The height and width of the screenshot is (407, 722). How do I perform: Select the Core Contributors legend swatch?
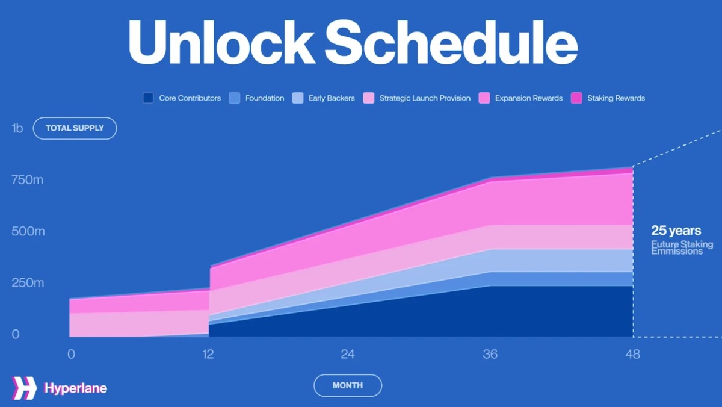coord(148,98)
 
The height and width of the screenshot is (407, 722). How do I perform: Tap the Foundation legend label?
coord(264,98)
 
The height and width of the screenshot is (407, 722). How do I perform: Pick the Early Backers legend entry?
coord(332,98)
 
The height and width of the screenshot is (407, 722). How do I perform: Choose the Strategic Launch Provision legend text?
coord(425,98)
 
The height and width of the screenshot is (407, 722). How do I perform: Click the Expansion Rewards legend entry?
coord(528,98)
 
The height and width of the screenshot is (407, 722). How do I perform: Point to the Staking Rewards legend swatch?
coord(576,98)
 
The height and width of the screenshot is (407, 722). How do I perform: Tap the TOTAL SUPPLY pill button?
coord(75,128)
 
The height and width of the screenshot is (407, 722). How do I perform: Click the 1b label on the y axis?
coord(17,128)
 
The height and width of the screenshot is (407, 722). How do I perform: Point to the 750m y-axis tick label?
coord(27,180)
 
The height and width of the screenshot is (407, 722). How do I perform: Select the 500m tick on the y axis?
coord(28,232)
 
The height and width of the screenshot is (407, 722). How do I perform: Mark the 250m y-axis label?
coord(28,283)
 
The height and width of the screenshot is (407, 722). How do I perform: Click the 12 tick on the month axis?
coord(208,354)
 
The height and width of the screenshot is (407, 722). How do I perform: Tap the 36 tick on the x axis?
coord(490,354)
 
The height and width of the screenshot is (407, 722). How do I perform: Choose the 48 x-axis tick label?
coord(632,354)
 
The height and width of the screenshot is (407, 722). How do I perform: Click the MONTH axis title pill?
coord(347,385)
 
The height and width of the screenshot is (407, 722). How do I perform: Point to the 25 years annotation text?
coord(676,231)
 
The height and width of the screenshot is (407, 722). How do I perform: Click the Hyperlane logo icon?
coord(24,388)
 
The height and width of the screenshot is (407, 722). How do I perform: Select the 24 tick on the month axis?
coord(347,354)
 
